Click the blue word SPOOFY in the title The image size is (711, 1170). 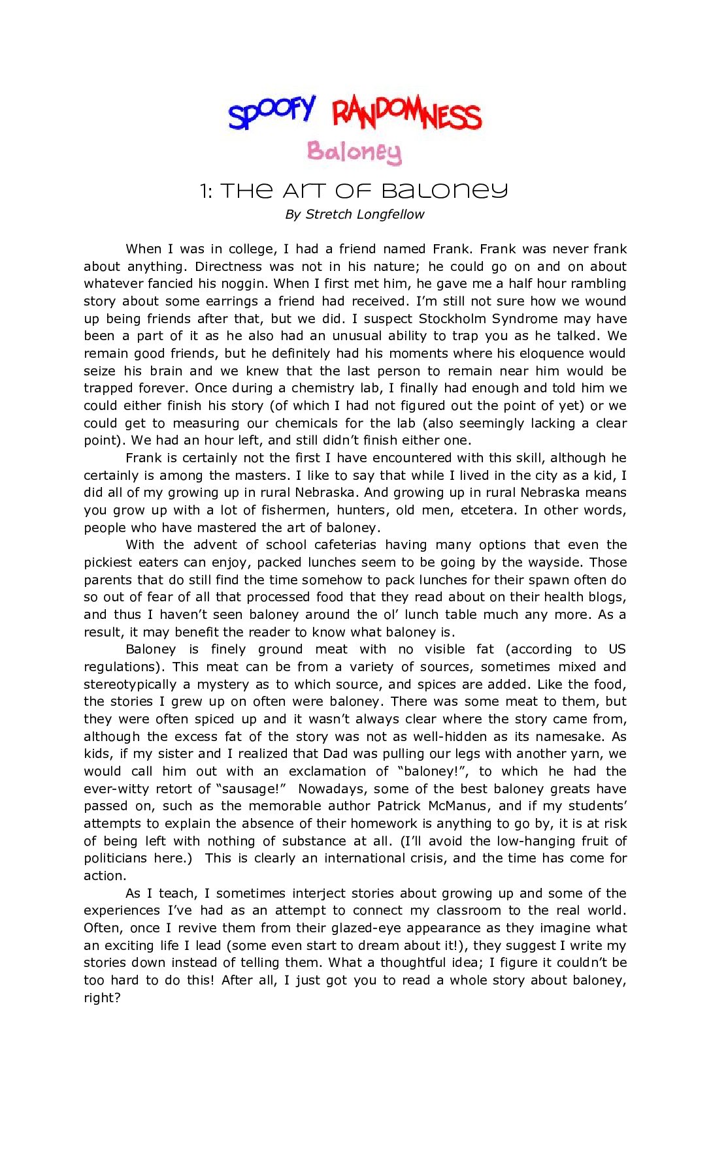271,112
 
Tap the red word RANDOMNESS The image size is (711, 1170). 406,114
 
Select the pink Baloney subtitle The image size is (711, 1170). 354,151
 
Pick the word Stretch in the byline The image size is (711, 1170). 329,214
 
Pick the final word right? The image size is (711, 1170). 102,998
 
